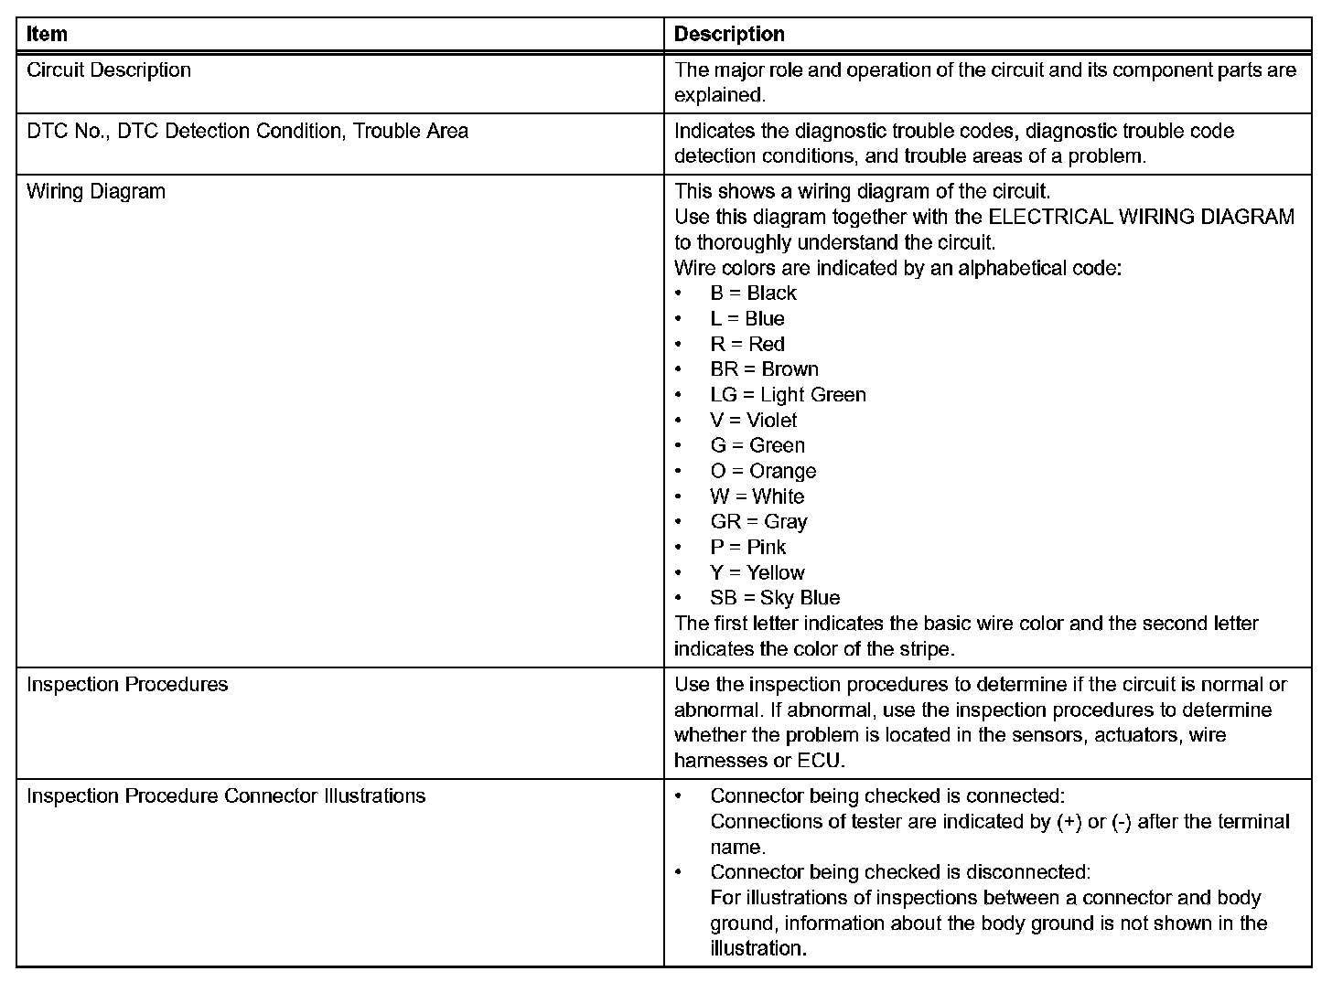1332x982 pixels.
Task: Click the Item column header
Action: pos(47,35)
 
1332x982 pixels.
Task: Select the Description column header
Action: pos(729,35)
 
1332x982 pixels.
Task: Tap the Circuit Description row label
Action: pos(109,70)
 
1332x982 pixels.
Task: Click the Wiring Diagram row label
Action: pos(96,192)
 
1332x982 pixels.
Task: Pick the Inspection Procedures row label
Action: pos(127,685)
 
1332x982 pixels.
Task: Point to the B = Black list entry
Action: pos(753,294)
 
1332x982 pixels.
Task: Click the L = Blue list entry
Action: pos(747,319)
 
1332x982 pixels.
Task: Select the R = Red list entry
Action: pos(747,345)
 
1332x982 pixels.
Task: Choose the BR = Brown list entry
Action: pos(764,369)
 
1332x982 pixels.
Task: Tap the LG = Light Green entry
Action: pos(788,395)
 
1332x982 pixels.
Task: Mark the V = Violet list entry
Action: pos(753,421)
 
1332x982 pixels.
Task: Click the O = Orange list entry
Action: pos(763,472)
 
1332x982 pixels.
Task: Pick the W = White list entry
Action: pos(757,497)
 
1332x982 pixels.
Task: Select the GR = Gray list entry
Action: pos(758,522)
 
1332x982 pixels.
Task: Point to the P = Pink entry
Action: pos(747,548)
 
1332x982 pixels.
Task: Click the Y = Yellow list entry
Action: pos(757,573)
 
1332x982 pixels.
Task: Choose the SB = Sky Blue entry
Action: pos(775,598)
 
